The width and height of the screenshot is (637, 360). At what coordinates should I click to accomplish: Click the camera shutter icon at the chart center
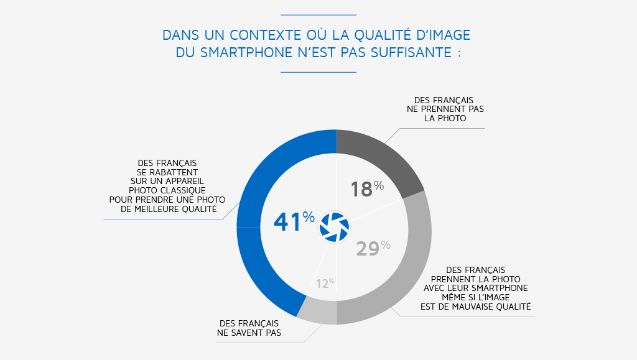pos(335,227)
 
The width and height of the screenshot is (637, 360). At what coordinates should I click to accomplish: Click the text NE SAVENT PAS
pos(249,333)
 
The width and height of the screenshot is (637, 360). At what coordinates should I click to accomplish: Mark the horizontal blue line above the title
pos(318,14)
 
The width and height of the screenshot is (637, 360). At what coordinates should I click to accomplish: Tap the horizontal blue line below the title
pos(318,72)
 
